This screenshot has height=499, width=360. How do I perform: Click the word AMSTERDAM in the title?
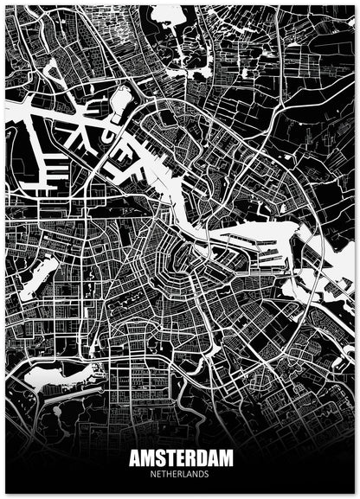[180, 458]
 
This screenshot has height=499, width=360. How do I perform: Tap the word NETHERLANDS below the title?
[180, 473]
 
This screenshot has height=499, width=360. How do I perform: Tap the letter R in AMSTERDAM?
[191, 458]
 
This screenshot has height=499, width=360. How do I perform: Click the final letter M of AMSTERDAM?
[228, 458]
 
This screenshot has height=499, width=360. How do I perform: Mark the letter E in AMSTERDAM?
[180, 458]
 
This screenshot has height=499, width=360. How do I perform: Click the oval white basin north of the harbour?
[120, 99]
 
